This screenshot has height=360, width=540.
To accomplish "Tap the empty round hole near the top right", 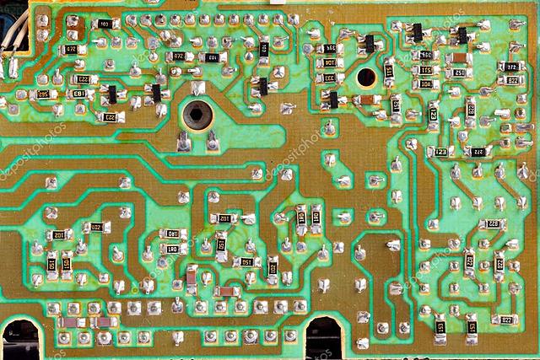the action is [x=366, y=78].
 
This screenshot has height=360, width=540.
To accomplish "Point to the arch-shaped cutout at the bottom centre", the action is [x=323, y=337].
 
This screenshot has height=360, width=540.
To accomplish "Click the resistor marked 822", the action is [x=512, y=81].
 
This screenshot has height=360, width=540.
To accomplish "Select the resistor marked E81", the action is [x=78, y=94].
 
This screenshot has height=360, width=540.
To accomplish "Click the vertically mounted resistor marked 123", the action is [x=433, y=110].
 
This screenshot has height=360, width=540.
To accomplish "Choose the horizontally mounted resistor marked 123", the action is [x=440, y=152].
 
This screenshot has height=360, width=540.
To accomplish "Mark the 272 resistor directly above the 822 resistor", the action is [x=510, y=65].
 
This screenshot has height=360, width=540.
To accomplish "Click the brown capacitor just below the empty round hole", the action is [x=369, y=99].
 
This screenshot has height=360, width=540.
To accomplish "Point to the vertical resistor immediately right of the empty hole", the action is [x=389, y=73].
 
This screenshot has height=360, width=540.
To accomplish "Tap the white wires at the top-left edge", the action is [x=10, y=63].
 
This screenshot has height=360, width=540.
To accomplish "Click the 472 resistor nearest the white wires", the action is [x=71, y=50].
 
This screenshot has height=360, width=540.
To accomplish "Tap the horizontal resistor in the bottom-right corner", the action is [x=505, y=320].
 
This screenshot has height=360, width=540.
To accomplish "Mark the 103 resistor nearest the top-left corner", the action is [x=104, y=24].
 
